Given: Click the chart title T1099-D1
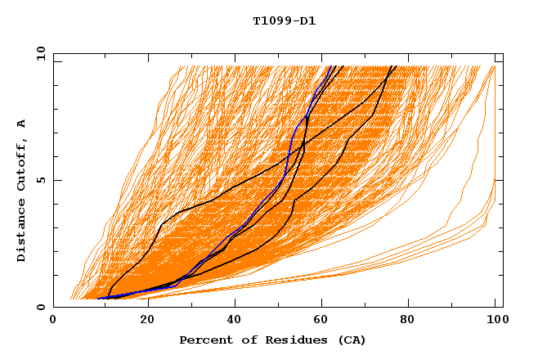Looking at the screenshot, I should [285, 20].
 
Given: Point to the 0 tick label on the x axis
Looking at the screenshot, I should [53, 319].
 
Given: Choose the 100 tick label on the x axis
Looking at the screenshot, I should [495, 319].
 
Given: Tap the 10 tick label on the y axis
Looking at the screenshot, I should [38, 53].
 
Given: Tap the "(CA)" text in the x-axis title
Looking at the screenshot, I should [352, 340].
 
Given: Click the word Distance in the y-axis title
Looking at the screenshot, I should [22, 229].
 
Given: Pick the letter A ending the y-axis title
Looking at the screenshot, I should [22, 124].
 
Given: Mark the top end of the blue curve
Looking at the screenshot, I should [330, 66].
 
